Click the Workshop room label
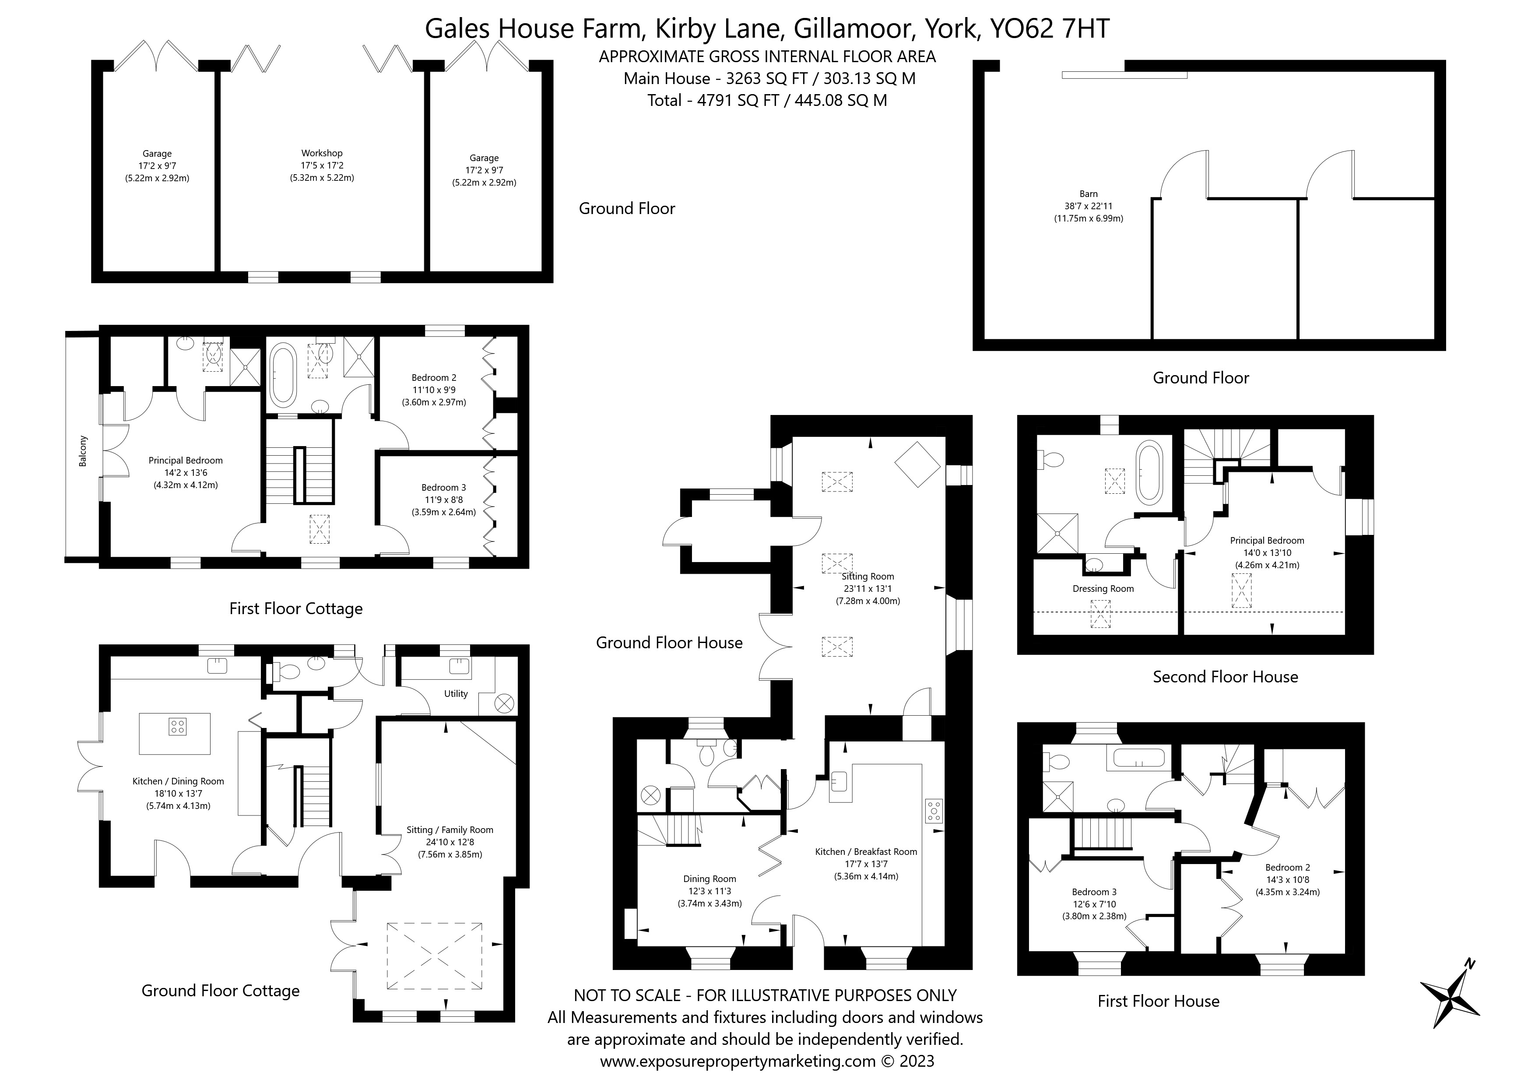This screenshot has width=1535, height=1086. tap(322, 153)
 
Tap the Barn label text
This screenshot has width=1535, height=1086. tap(1089, 194)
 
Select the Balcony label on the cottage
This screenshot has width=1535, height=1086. tap(83, 451)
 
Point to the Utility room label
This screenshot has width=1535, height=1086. tap(456, 693)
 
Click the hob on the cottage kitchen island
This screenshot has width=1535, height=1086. tap(177, 726)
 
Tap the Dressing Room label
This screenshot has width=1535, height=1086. tap(1103, 588)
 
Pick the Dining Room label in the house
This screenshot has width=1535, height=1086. tap(710, 879)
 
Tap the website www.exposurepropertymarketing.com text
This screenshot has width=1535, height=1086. tap(738, 1061)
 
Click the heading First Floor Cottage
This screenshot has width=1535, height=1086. tap(295, 608)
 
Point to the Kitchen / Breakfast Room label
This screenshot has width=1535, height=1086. tap(866, 851)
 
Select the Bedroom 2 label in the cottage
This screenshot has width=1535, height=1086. tap(434, 377)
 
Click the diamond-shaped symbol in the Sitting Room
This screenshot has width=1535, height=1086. tap(917, 464)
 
